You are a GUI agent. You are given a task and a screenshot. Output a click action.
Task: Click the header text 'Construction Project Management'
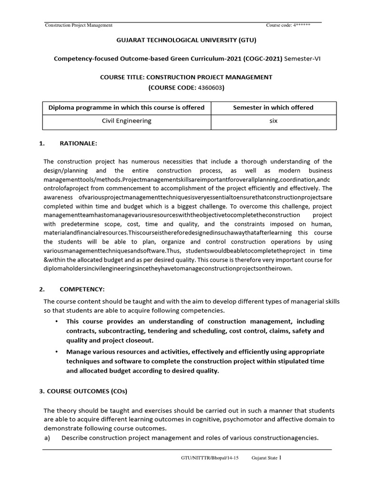(79, 25)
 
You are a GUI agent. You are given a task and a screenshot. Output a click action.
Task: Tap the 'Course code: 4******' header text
(288, 25)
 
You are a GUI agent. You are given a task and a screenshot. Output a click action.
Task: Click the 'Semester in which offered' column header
(273, 108)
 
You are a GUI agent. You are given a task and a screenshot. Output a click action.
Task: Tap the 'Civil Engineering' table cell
(127, 121)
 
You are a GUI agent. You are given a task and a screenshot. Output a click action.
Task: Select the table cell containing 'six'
(273, 121)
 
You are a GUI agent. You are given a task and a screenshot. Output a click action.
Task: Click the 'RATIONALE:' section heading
(79, 143)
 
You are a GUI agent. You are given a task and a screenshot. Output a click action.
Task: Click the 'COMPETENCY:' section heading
(81, 289)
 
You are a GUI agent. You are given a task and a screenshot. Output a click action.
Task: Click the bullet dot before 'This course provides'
(56, 322)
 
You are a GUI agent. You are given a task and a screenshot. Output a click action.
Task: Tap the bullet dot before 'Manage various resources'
(56, 352)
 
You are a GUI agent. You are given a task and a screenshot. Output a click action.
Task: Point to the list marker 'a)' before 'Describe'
(47, 438)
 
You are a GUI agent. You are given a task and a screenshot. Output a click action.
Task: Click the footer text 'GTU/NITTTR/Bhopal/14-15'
(209, 458)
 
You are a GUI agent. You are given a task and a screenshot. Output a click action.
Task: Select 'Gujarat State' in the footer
(264, 458)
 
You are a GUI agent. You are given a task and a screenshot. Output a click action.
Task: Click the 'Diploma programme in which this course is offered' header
(127, 108)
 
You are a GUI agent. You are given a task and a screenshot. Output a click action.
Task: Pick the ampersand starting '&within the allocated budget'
(46, 260)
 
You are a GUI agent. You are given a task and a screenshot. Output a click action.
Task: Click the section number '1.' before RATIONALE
(42, 143)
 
